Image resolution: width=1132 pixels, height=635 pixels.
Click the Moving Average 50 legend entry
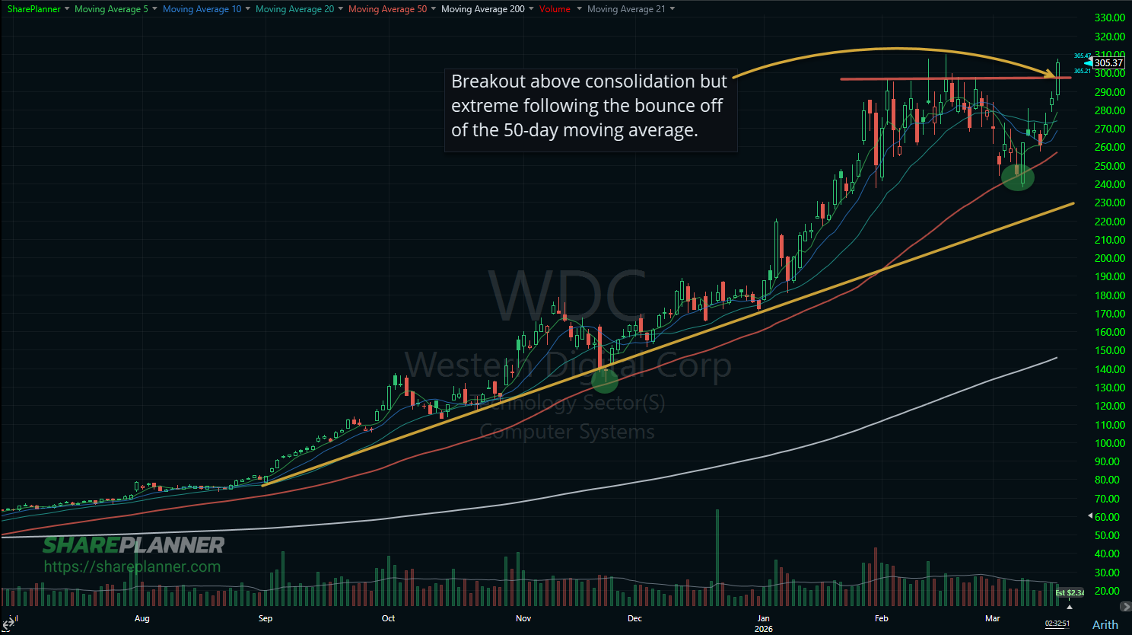(387, 9)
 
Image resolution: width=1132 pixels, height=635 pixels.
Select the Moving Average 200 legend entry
(482, 9)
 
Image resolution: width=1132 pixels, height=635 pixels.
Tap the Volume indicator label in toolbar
(555, 9)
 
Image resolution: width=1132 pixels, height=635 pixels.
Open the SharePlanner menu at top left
(33, 9)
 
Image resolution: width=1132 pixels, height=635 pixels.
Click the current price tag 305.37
(1108, 63)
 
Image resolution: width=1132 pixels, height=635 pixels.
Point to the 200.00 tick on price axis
(1109, 258)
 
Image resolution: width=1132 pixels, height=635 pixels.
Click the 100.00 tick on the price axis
(1109, 443)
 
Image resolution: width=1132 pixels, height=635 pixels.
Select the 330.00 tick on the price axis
(1109, 18)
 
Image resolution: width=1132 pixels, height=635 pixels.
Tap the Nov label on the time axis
(523, 618)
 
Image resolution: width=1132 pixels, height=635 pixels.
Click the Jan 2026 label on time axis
(763, 623)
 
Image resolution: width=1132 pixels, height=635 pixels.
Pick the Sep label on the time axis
(266, 618)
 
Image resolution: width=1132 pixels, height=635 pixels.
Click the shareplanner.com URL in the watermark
(132, 566)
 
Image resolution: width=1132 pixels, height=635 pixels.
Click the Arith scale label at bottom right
(1105, 624)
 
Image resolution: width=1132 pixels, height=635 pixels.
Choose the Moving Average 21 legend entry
(625, 9)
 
